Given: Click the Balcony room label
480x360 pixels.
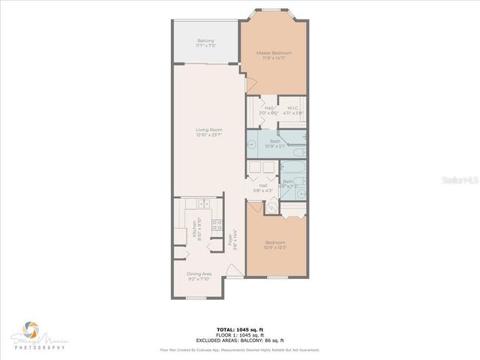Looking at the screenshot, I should [x=205, y=42].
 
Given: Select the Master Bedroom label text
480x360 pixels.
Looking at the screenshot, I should [x=274, y=55].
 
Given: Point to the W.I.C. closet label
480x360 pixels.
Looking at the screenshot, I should [x=292, y=109].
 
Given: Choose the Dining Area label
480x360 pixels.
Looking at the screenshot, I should [x=199, y=275].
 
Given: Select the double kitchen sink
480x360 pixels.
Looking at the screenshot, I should [x=202, y=204].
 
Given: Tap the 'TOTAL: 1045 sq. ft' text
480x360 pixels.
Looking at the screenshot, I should [x=239, y=329].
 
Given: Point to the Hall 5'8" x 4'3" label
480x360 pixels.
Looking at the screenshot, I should [x=263, y=187].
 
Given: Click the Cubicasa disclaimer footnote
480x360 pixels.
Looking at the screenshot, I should [x=239, y=349].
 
